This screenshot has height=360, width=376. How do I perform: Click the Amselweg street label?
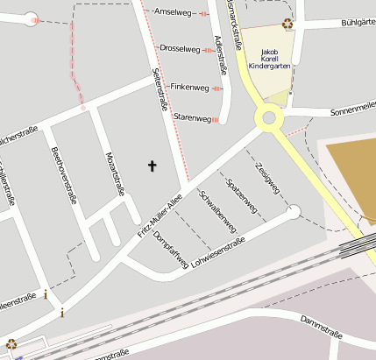(x=172, y=12)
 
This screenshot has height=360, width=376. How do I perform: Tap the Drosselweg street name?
(x=181, y=48)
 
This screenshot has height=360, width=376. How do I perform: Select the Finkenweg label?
(x=189, y=87)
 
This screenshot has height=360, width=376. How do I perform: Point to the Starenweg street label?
(x=192, y=117)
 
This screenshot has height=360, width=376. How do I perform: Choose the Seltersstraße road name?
(x=160, y=91)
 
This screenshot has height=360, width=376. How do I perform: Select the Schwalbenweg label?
(x=219, y=211)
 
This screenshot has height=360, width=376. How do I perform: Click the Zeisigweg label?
(x=266, y=178)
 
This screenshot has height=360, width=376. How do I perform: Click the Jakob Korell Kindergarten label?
(x=268, y=58)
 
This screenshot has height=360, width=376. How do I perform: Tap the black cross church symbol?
(x=153, y=165)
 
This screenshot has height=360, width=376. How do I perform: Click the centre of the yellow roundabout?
(x=269, y=118)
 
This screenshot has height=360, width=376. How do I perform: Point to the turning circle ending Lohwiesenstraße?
(x=294, y=211)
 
